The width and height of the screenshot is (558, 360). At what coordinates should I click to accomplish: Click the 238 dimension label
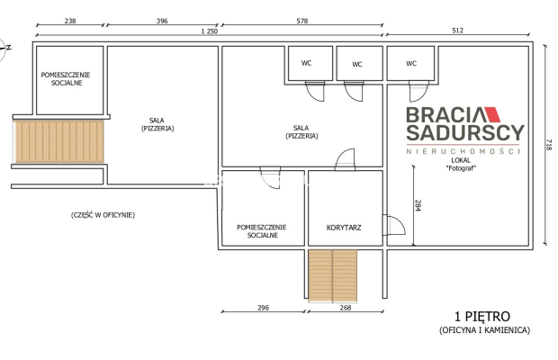click(70, 21)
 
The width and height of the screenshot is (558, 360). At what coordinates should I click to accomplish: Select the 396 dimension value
click(162, 21)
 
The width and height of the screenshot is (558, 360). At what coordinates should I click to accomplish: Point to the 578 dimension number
click(302, 21)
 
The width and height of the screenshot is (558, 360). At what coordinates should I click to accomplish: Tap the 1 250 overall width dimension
click(209, 31)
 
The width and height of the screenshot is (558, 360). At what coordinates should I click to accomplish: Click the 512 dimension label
click(457, 31)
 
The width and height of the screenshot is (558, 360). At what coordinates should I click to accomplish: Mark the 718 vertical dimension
click(549, 144)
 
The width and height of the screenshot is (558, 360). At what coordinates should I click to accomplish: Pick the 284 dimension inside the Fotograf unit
click(418, 205)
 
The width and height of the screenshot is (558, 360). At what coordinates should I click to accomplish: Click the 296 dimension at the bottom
click(264, 308)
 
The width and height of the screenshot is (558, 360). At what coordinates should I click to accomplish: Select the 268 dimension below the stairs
click(346, 308)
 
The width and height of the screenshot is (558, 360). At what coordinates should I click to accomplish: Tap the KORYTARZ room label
click(344, 228)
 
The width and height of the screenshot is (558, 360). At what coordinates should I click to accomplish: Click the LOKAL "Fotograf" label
click(461, 165)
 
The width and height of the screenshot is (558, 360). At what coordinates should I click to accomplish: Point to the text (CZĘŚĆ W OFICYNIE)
click(103, 215)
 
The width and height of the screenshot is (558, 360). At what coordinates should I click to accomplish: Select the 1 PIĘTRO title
click(482, 316)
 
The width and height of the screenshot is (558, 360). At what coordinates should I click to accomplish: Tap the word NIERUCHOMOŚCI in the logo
click(463, 151)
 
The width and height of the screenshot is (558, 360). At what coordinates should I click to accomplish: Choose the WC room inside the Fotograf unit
click(410, 63)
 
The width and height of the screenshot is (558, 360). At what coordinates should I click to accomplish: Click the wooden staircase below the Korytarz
click(332, 276)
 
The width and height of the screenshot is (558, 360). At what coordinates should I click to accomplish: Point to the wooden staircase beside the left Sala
click(58, 141)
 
